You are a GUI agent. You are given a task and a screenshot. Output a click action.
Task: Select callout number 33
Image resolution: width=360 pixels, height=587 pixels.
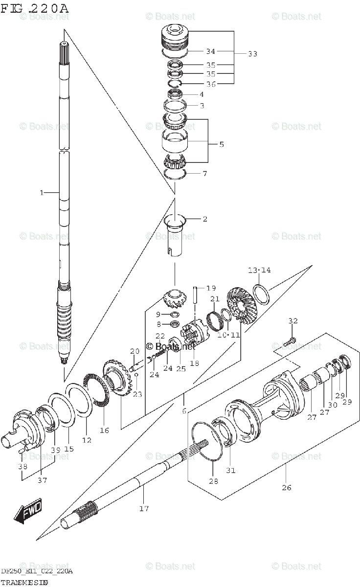(x=252, y=54)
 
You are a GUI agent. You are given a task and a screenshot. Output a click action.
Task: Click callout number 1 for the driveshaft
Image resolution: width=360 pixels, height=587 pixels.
(x=42, y=193)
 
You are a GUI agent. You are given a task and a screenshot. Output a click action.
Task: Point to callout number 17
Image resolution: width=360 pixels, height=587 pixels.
(x=143, y=508)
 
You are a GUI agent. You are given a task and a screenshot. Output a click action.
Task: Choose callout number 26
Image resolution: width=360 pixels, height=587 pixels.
(x=286, y=487)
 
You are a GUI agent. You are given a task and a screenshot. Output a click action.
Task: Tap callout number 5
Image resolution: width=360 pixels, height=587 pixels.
(x=221, y=144)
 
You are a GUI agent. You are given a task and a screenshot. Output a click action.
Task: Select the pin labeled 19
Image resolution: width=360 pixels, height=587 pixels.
(x=195, y=295)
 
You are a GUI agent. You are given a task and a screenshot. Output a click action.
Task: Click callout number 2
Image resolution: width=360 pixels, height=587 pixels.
(x=204, y=219)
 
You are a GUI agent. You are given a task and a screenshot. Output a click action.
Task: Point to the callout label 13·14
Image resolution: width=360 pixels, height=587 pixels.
(x=259, y=270)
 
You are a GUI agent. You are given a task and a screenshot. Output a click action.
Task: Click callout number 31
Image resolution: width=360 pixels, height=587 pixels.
(x=230, y=470)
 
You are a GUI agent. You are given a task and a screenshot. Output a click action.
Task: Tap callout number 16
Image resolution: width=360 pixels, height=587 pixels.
(x=104, y=430)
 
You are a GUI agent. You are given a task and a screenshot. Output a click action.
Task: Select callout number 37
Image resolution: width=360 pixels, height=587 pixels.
(x=43, y=480)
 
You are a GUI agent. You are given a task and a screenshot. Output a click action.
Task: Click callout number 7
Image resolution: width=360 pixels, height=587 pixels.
(x=204, y=174)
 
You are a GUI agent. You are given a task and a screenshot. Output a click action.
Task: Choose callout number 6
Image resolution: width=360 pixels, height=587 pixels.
(x=184, y=411)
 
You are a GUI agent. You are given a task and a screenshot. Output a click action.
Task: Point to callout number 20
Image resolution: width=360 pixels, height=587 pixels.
(x=135, y=351)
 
